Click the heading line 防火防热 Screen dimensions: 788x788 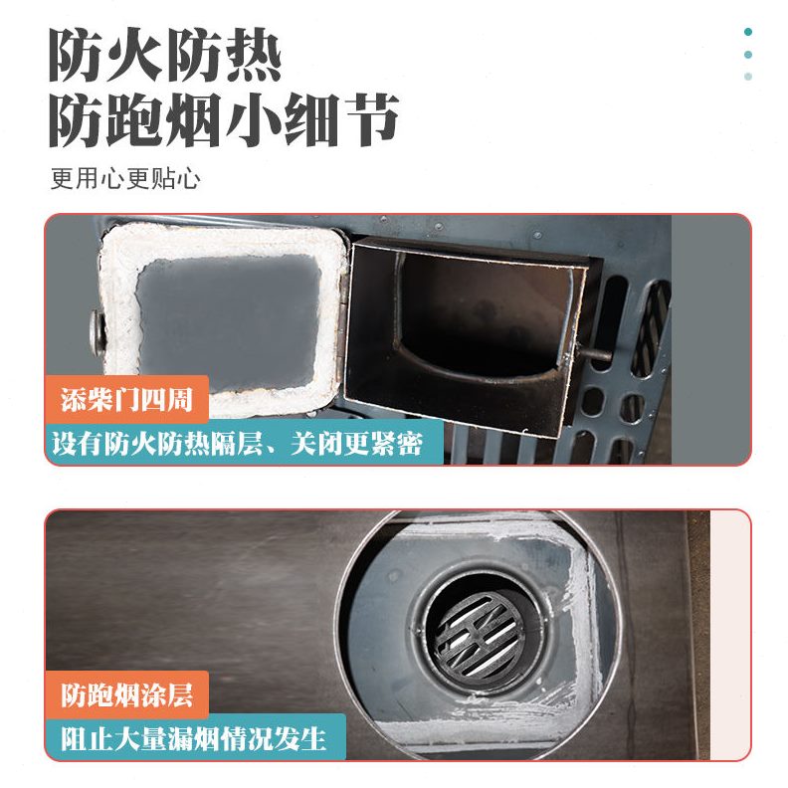coord(165,57)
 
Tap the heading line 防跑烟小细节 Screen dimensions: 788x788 coord(225,120)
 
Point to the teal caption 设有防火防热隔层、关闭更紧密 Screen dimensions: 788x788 coord(246,443)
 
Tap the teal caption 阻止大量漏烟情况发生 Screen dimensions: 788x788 coord(195,738)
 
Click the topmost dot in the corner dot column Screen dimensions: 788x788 coord(748,32)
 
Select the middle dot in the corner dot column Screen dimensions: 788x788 coord(748,55)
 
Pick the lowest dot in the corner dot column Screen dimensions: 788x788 coord(748,77)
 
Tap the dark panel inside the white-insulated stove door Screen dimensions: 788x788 coord(228,307)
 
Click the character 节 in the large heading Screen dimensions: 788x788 coord(371,120)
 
